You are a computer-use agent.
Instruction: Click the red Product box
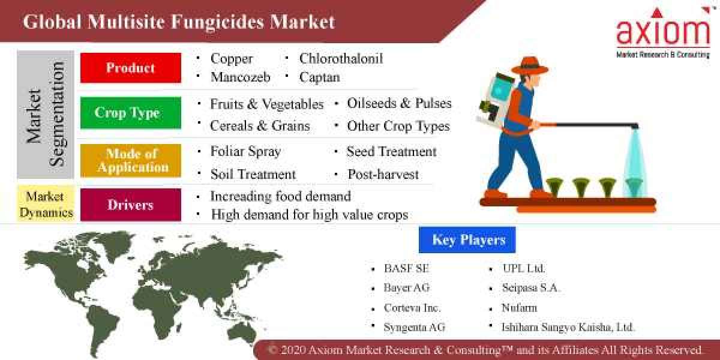click(x=130, y=68)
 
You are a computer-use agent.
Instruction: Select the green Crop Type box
click(x=130, y=113)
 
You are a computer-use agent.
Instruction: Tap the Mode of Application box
click(x=130, y=160)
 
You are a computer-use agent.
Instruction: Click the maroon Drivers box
click(x=130, y=205)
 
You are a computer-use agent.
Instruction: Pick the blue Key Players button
click(x=469, y=240)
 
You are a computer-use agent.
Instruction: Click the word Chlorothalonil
click(x=340, y=58)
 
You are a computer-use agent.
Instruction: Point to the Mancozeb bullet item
click(x=240, y=77)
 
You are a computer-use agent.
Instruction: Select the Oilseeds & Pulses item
click(x=399, y=103)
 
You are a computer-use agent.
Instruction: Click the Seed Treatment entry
click(x=391, y=152)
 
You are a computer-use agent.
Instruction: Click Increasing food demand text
click(x=280, y=196)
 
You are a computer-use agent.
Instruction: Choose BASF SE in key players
click(x=406, y=268)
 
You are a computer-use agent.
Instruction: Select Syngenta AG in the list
click(x=414, y=327)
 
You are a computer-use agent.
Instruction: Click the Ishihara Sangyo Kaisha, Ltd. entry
click(x=568, y=327)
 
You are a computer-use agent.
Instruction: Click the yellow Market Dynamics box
click(x=46, y=204)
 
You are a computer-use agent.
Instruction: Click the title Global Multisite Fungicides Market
click(x=179, y=22)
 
